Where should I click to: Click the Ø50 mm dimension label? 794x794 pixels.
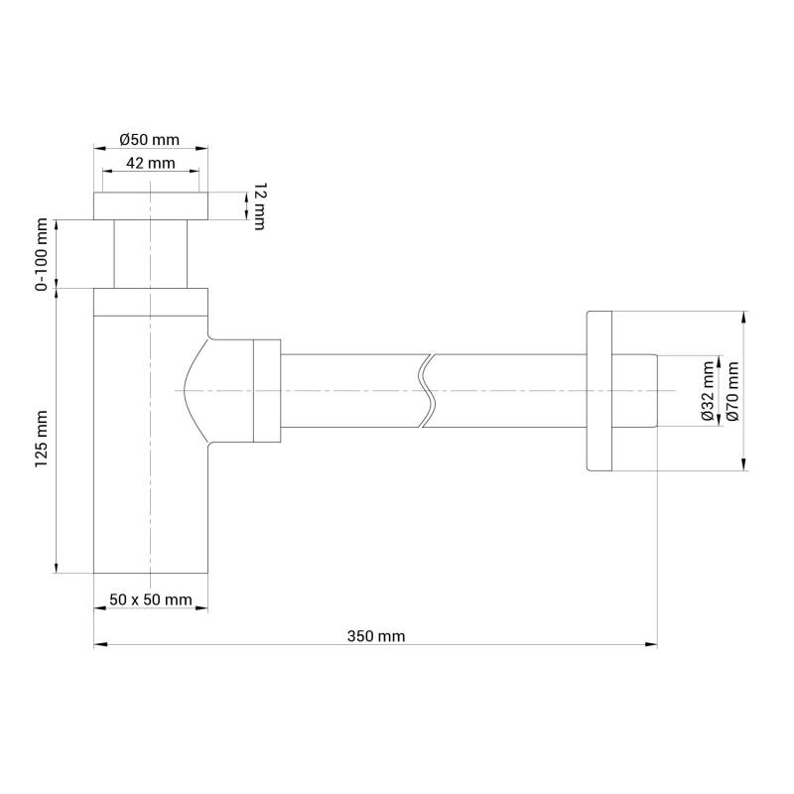point(151,139)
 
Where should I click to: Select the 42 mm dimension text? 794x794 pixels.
point(151,163)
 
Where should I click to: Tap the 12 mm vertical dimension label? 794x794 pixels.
point(259,206)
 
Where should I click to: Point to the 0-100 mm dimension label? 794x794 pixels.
point(42,256)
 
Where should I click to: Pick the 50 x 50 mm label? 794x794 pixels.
point(151,599)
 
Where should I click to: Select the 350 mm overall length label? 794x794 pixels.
point(377,636)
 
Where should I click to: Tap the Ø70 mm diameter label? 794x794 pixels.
point(732,391)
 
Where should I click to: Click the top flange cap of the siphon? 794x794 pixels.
point(151,206)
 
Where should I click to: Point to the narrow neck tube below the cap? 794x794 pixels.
point(151,254)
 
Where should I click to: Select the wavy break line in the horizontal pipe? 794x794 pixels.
point(427,390)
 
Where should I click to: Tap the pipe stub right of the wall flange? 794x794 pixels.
point(636,390)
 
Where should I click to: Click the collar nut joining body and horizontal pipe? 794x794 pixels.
point(267,390)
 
